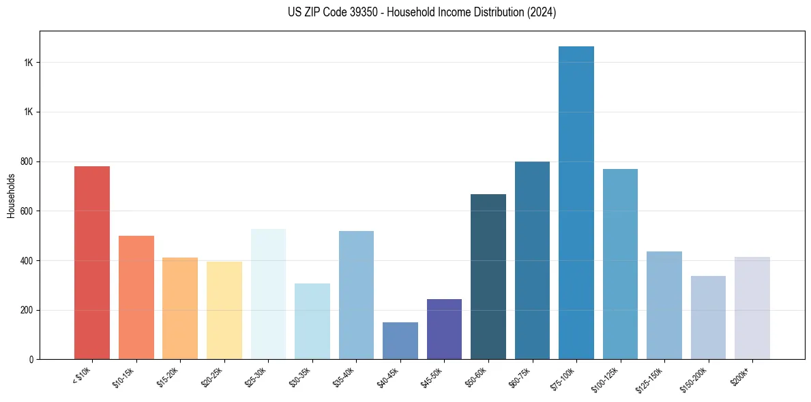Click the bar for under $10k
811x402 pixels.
(x=92, y=262)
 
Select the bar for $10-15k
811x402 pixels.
(x=136, y=297)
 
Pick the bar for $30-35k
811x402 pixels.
(x=312, y=321)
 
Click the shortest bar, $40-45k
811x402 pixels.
(x=400, y=341)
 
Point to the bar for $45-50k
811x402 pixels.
(x=444, y=329)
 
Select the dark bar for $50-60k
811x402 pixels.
(x=488, y=277)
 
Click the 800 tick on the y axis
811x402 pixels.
(x=27, y=161)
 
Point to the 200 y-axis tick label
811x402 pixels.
(x=27, y=310)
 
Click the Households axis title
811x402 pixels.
(x=11, y=196)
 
